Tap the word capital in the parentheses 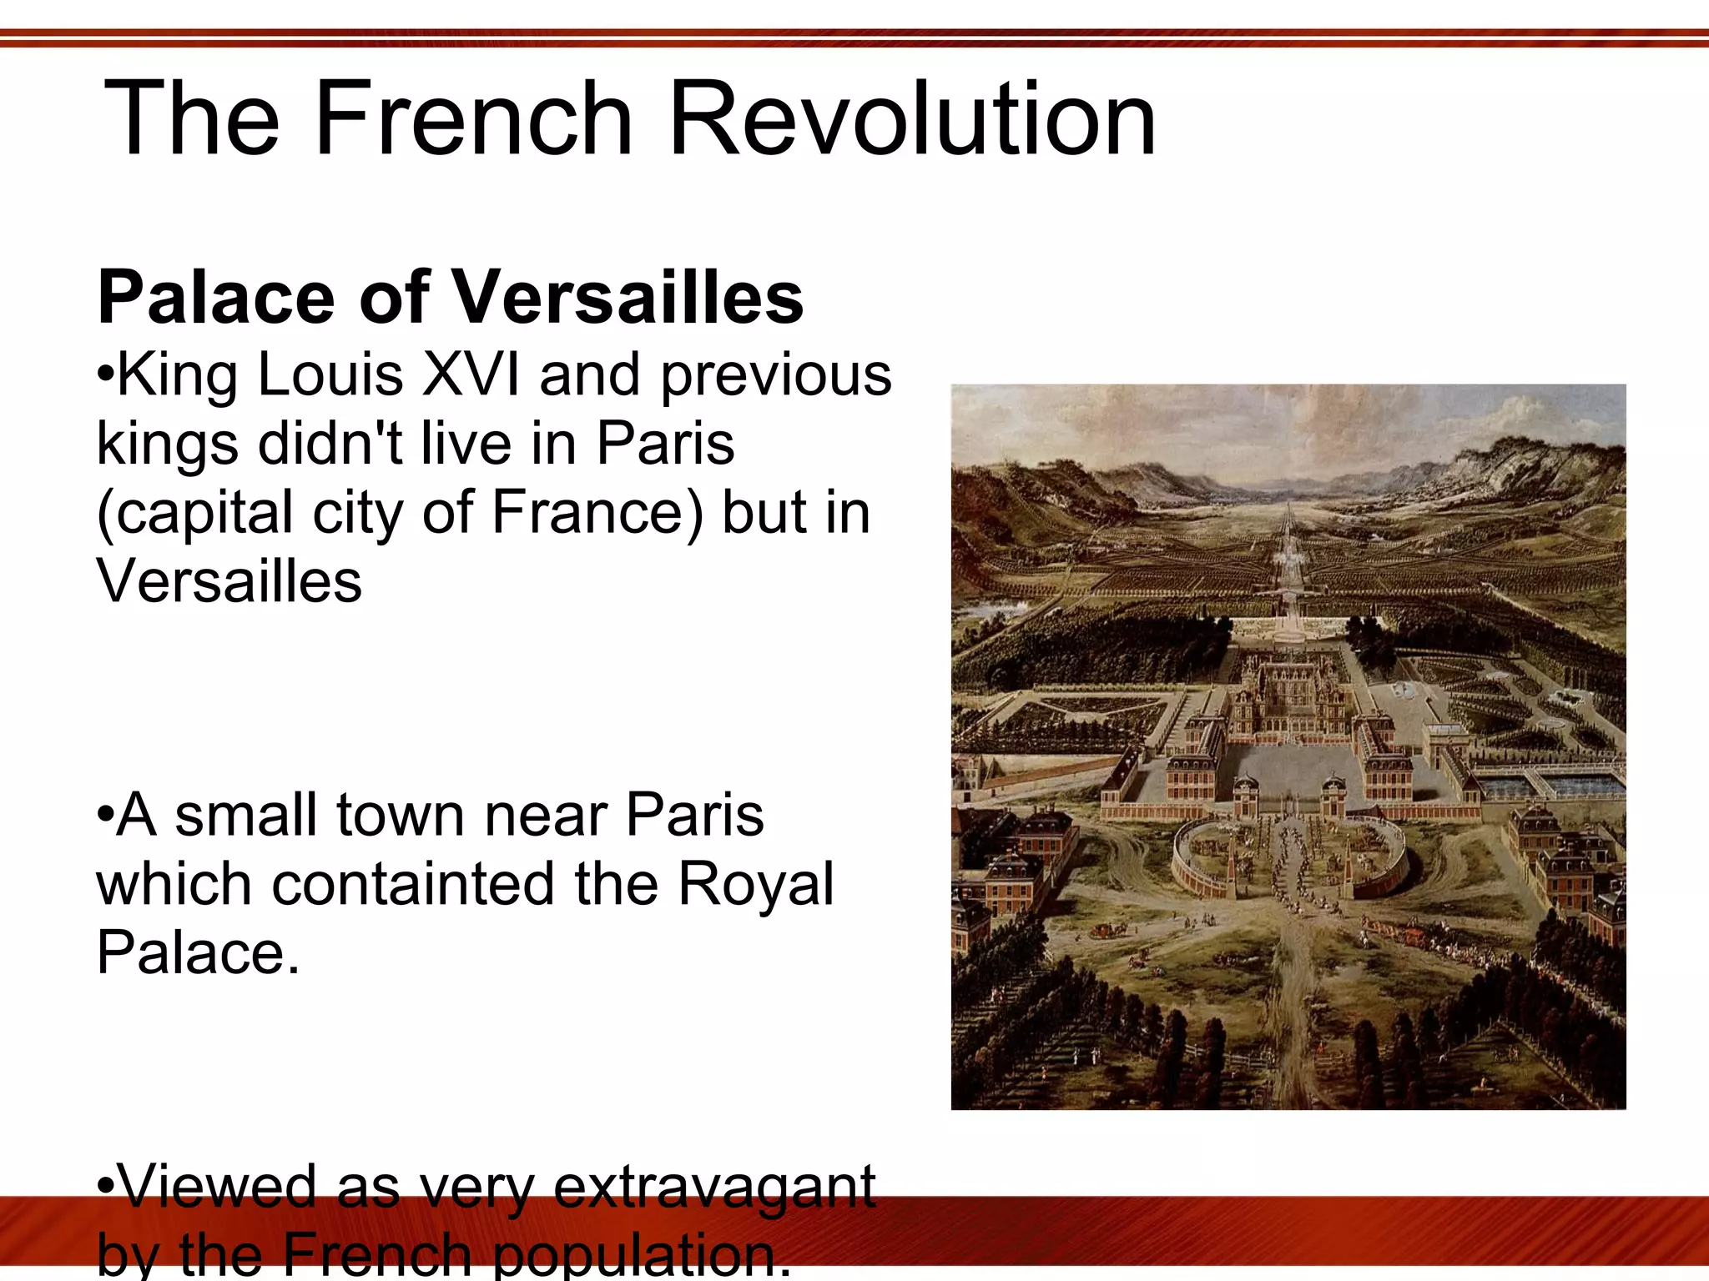pyautogui.click(x=203, y=514)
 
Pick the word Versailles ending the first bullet pyautogui.click(x=229, y=580)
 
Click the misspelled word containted pyautogui.click(x=414, y=884)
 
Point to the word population pyautogui.click(x=643, y=1256)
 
